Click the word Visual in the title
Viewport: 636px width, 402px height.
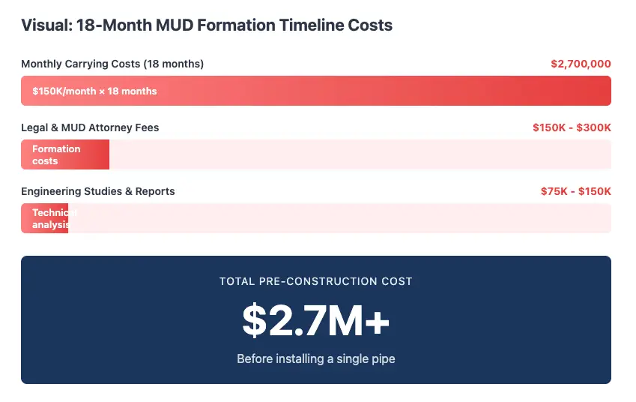[x=45, y=25]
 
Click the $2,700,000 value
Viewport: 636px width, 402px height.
[x=581, y=64]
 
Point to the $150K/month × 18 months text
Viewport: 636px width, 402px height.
[x=94, y=91]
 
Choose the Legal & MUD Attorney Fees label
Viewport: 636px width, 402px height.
[x=90, y=127]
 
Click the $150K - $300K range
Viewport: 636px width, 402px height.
[x=572, y=127]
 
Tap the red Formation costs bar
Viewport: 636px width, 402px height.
[x=65, y=154]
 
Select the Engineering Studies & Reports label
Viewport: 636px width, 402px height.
[x=97, y=191]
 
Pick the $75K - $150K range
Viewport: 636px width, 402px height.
[x=575, y=191]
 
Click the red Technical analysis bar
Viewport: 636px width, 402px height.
[x=45, y=218]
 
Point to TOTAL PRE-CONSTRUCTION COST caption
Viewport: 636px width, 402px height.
[x=315, y=281]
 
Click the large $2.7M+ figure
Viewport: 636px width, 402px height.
[x=315, y=320]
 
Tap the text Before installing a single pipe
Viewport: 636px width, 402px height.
[x=315, y=358]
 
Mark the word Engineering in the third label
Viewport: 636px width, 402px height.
[x=49, y=191]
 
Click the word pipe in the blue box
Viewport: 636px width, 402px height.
[x=382, y=358]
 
